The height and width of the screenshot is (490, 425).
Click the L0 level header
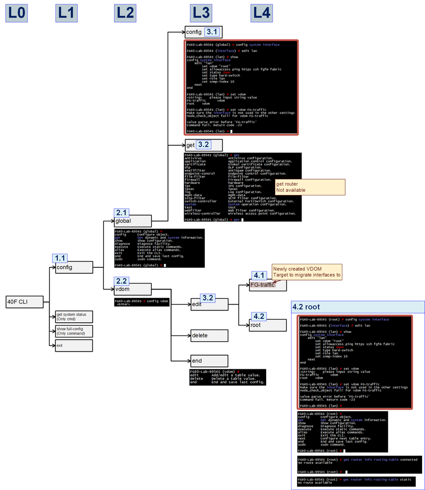click(x=16, y=13)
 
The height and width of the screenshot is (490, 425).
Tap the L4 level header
click(x=261, y=13)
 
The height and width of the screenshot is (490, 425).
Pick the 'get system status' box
click(x=74, y=316)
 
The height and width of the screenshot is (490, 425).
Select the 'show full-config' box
click(x=74, y=331)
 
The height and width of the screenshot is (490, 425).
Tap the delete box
click(x=209, y=335)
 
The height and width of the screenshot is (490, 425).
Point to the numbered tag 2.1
click(x=122, y=212)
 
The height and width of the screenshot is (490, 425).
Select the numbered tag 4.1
click(x=258, y=275)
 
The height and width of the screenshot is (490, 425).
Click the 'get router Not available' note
click(x=310, y=187)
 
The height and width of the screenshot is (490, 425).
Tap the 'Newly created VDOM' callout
click(x=306, y=272)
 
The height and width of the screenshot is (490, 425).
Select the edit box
click(x=209, y=305)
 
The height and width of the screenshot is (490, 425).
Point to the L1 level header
click(x=66, y=13)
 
